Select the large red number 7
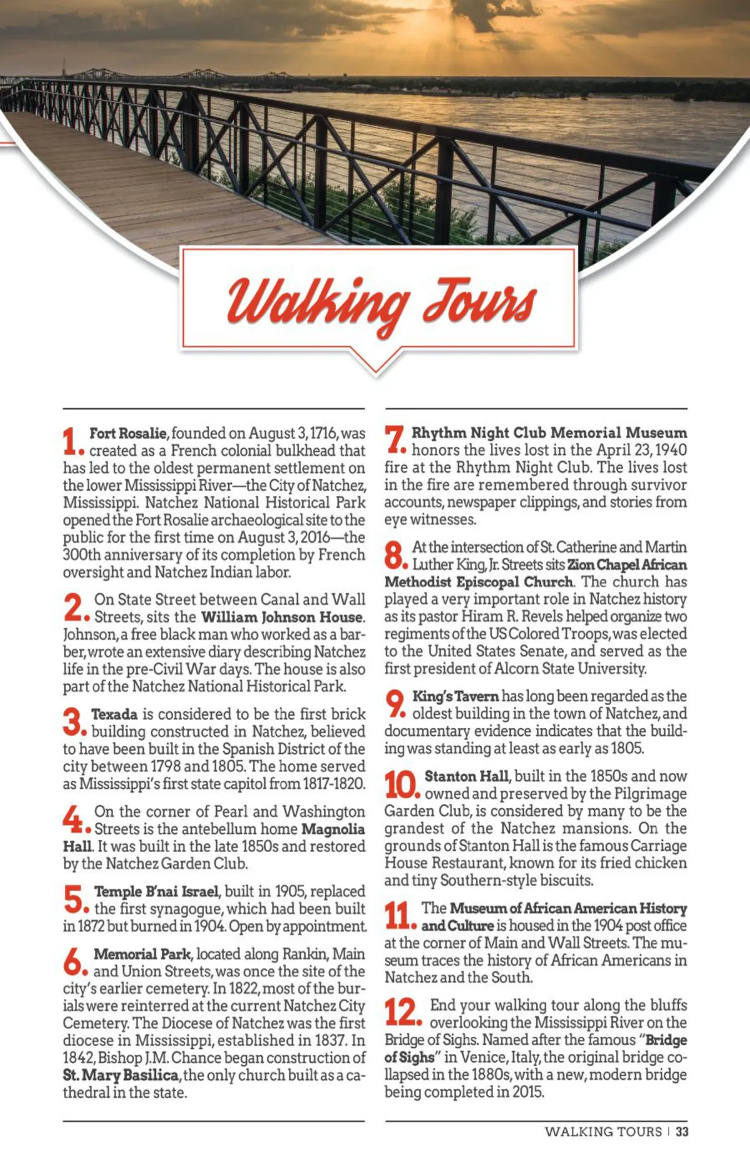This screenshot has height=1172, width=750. click(395, 439)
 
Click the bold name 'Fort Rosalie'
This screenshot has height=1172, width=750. click(128, 433)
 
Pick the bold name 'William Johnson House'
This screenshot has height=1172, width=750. click(282, 617)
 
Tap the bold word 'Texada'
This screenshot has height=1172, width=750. click(114, 714)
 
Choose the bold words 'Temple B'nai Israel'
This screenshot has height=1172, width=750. click(156, 891)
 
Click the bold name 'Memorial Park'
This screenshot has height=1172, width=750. click(142, 954)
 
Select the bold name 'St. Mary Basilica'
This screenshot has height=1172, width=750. click(121, 1075)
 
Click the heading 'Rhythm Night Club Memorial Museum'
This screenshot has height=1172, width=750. click(549, 433)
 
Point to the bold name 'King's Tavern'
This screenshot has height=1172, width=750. click(455, 696)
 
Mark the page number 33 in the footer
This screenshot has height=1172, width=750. click(682, 1131)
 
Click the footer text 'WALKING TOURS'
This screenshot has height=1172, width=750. click(602, 1131)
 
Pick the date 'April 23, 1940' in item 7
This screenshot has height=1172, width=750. click(641, 450)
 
